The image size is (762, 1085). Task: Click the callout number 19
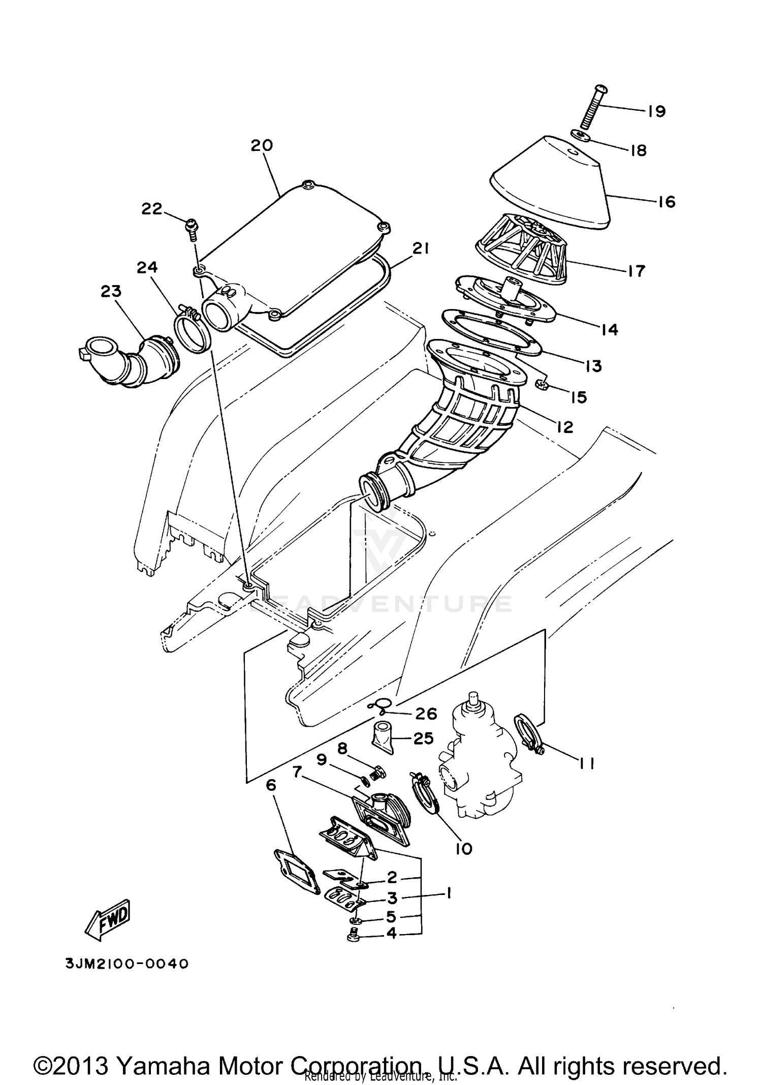656,111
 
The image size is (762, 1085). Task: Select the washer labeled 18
579,135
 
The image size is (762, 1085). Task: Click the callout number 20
262,145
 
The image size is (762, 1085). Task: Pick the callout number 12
564,427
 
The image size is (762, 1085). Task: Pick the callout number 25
424,738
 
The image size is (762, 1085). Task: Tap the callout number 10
464,848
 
